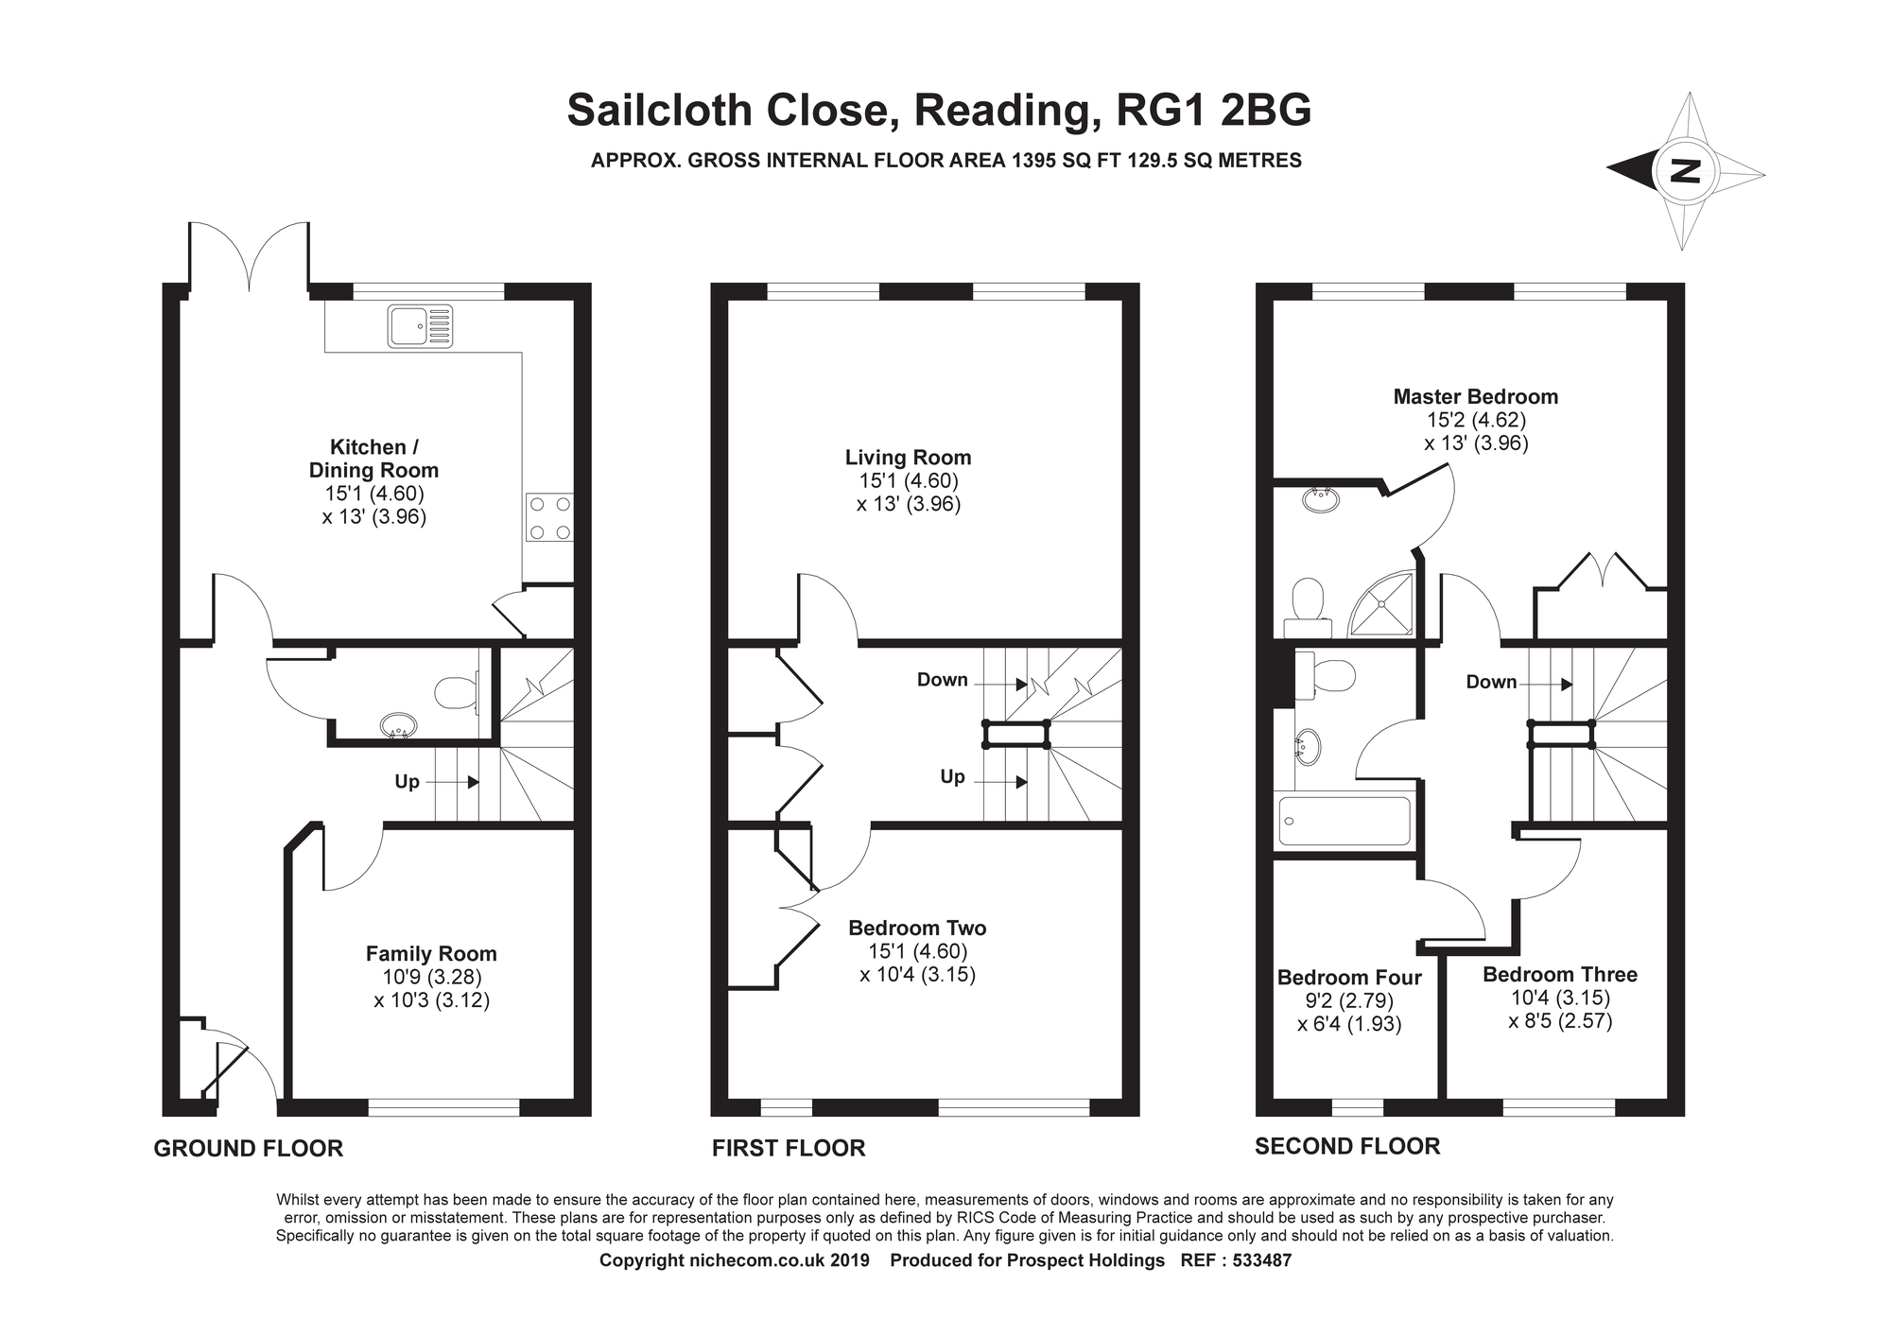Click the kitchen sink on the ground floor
click(420, 325)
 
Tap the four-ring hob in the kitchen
click(549, 518)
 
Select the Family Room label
click(431, 954)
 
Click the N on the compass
click(1685, 171)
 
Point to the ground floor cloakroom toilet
click(457, 692)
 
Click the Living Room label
click(908, 458)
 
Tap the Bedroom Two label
click(917, 929)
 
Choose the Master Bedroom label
click(1475, 397)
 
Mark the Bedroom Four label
click(1349, 978)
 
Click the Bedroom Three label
click(1560, 975)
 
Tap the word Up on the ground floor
click(407, 782)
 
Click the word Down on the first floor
click(942, 680)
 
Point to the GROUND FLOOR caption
click(248, 1149)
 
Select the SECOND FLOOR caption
click(1347, 1147)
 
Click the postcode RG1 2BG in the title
click(1214, 111)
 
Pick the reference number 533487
click(1262, 1260)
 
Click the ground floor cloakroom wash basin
click(398, 726)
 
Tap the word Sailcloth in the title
click(659, 111)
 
